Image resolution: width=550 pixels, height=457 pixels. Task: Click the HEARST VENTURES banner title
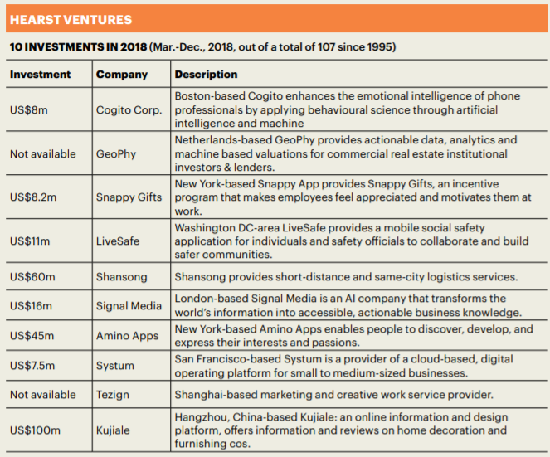[x=71, y=20]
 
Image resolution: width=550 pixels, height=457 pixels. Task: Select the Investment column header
[x=40, y=75]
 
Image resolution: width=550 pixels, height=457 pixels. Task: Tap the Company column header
[x=122, y=75]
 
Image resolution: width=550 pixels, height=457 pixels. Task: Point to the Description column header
[x=206, y=75]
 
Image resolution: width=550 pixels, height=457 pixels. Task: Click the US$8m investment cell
[x=29, y=109]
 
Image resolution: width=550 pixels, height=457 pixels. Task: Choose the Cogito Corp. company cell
[x=129, y=109]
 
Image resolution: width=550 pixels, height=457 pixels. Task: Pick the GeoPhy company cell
[x=116, y=154]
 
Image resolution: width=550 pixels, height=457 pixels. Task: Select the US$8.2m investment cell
[x=33, y=197]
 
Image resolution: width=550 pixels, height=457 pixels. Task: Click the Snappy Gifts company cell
[x=129, y=197]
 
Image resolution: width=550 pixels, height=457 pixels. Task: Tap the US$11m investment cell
[x=30, y=241]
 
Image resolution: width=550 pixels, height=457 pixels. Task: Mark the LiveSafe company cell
[x=118, y=241]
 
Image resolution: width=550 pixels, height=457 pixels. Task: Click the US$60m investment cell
[x=32, y=277]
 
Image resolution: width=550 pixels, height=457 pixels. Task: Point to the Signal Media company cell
[x=129, y=306]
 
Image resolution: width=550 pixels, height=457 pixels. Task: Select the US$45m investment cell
[x=32, y=336]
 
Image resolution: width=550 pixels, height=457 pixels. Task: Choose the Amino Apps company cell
[x=127, y=336]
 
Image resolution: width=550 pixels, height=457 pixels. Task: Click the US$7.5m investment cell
[x=32, y=366]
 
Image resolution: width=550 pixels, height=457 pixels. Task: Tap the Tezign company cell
[x=113, y=395]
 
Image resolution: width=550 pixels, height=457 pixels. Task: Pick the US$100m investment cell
[x=35, y=430]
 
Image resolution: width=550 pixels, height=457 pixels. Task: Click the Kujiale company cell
[x=113, y=430]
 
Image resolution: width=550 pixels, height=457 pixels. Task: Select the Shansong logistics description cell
[x=346, y=277]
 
